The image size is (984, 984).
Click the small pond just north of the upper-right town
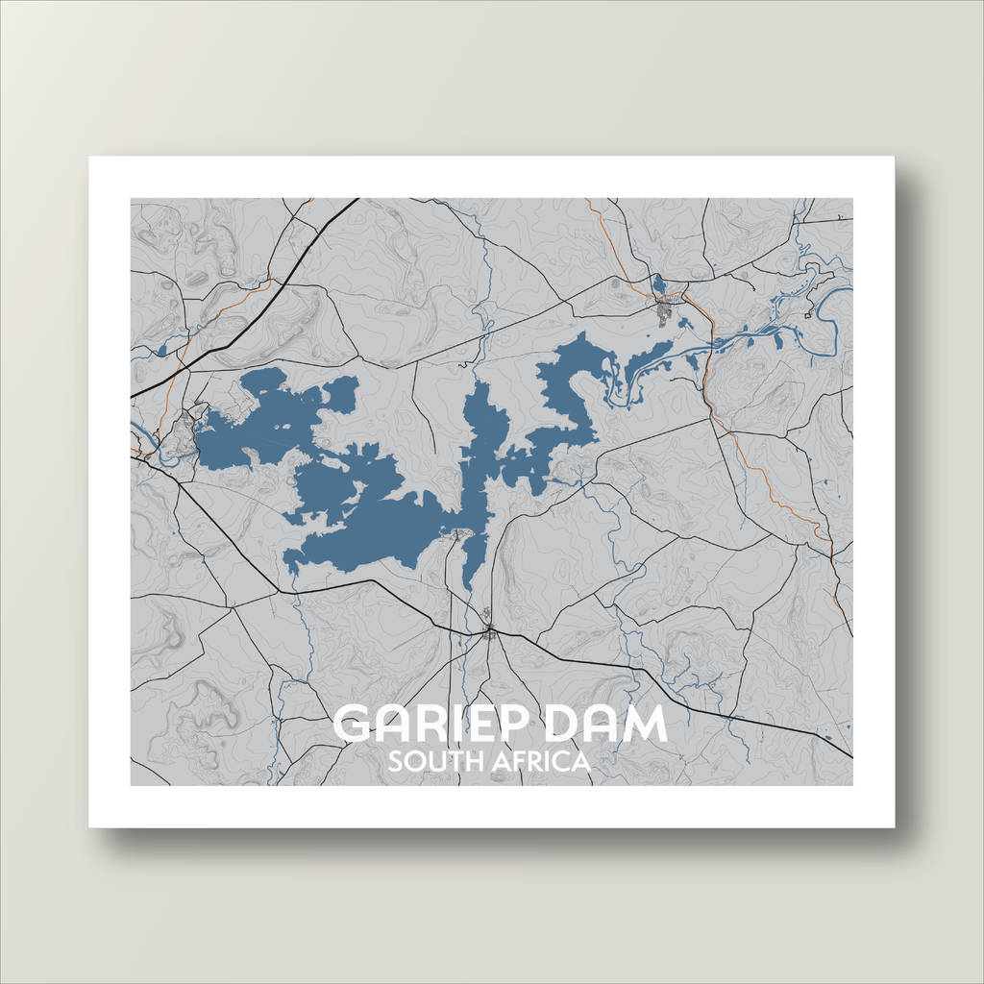point(658,283)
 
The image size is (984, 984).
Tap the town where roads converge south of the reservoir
point(489,631)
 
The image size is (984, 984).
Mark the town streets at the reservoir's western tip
point(179,437)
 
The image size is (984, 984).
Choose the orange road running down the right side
point(769,480)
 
